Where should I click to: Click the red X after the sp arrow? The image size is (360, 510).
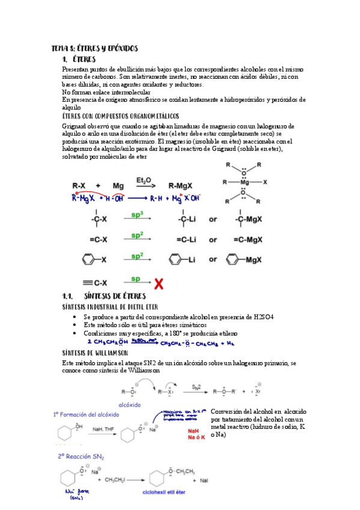(159, 281)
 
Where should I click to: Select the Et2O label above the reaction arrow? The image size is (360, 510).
(144, 180)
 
